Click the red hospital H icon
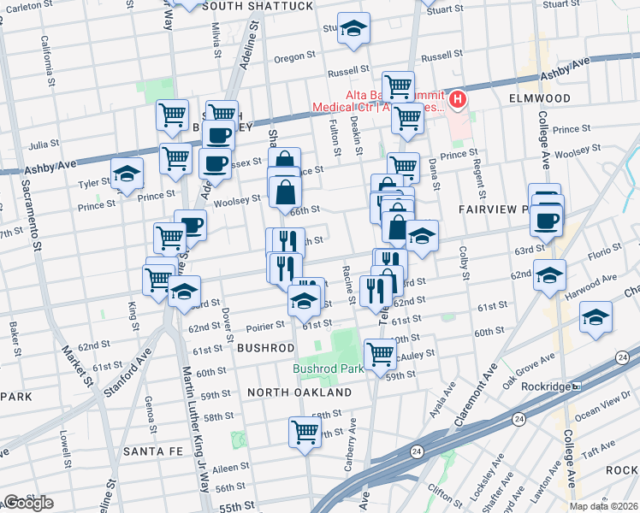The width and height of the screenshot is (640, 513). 459,100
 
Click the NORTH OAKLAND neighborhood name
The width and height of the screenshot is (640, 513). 299,392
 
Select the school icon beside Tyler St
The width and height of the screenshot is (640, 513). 127,174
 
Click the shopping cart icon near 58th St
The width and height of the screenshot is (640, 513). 304,433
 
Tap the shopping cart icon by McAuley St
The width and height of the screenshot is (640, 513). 379,353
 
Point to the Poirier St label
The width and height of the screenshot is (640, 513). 266,326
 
